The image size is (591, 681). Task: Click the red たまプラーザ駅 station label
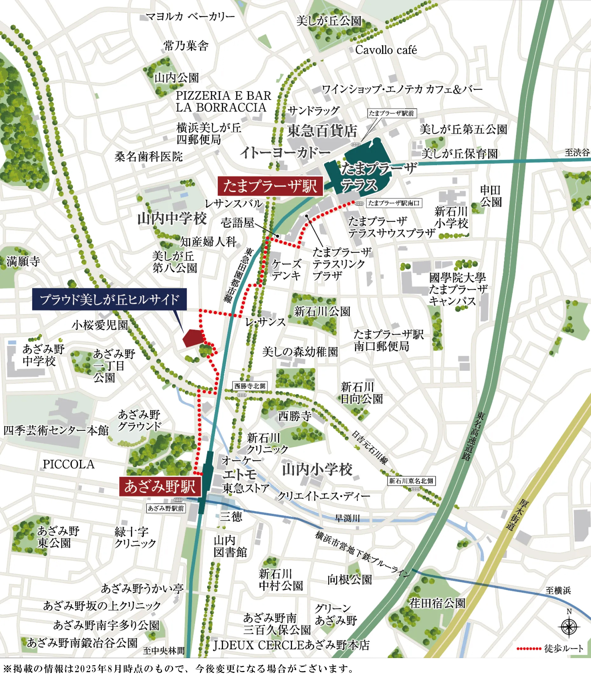pos(270,186)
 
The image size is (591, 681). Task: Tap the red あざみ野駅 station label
pos(160,486)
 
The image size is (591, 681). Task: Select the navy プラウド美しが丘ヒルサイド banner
pos(109,299)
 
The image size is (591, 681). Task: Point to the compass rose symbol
pos(569,627)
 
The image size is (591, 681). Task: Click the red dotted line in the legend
pos(529,649)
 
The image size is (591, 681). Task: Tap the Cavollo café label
pos(386,50)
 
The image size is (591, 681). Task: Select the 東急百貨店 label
pos(322,131)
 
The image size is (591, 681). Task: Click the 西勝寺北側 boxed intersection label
pos(250,386)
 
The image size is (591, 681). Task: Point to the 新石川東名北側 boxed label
pos(411,481)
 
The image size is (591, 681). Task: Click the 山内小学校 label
pos(317,470)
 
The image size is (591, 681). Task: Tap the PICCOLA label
pos(69,464)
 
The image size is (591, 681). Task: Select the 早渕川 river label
pos(347,518)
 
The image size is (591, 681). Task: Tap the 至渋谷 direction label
pos(577,152)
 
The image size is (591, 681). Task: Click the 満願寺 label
pos(23,261)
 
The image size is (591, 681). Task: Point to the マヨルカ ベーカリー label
pos(190,16)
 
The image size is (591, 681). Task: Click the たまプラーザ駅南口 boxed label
pos(394,203)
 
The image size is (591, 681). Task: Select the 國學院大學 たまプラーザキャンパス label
pos(458,289)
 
